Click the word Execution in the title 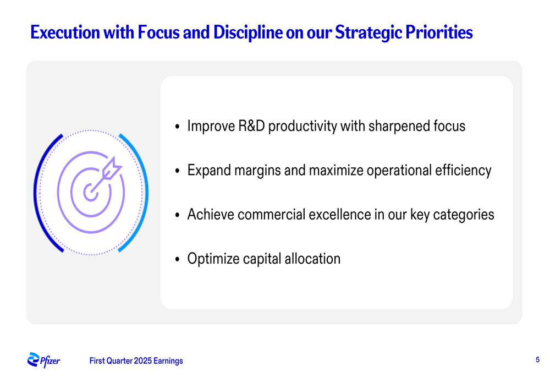click(65, 32)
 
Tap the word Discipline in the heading click(248, 32)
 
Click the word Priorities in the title click(439, 32)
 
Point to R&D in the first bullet click(251, 126)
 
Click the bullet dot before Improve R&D click(178, 127)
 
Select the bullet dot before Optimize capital click(178, 259)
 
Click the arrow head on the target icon click(112, 168)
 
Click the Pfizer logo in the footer click(43, 360)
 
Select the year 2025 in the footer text click(143, 361)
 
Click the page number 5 click(537, 360)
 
